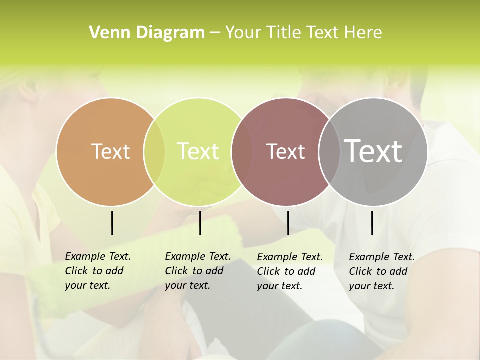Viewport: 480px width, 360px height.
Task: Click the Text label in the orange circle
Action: tap(110, 151)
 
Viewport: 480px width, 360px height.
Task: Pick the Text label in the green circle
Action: tap(198, 151)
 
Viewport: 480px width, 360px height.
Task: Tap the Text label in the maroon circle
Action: tap(285, 151)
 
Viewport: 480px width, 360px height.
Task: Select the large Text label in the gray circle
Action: tap(373, 151)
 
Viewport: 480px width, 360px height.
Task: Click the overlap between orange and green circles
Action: tap(154, 151)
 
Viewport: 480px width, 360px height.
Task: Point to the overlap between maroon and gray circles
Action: tap(329, 151)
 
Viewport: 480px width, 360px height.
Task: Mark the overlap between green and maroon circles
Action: tap(242, 151)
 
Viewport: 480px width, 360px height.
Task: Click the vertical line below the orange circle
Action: tap(112, 223)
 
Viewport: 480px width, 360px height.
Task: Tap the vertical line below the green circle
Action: tap(200, 223)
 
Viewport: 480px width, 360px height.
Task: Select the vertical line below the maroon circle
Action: tap(288, 223)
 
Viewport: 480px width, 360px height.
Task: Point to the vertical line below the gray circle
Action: tap(372, 223)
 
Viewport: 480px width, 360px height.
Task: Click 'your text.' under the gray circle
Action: tap(371, 286)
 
